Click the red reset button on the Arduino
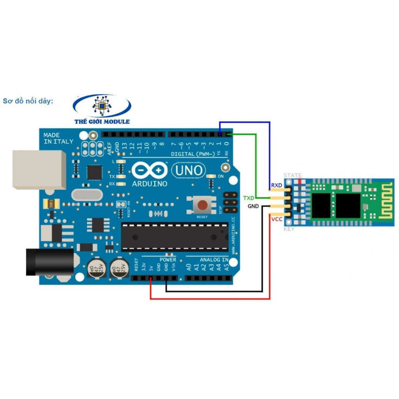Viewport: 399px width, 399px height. pos(202,205)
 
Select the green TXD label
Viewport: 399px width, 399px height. pos(249,198)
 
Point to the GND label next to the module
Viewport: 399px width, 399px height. pos(253,206)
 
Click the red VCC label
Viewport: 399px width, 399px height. pos(277,220)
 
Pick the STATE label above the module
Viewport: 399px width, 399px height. pos(292,175)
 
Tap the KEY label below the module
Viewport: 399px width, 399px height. pos(289,229)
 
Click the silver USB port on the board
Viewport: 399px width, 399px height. pos(39,169)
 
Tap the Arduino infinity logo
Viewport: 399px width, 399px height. pos(149,171)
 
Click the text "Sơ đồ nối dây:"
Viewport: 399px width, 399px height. pos(28,101)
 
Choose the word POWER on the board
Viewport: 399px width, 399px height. pos(168,260)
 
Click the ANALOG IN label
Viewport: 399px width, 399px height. pos(214,260)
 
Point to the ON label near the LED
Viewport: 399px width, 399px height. pos(221,177)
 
